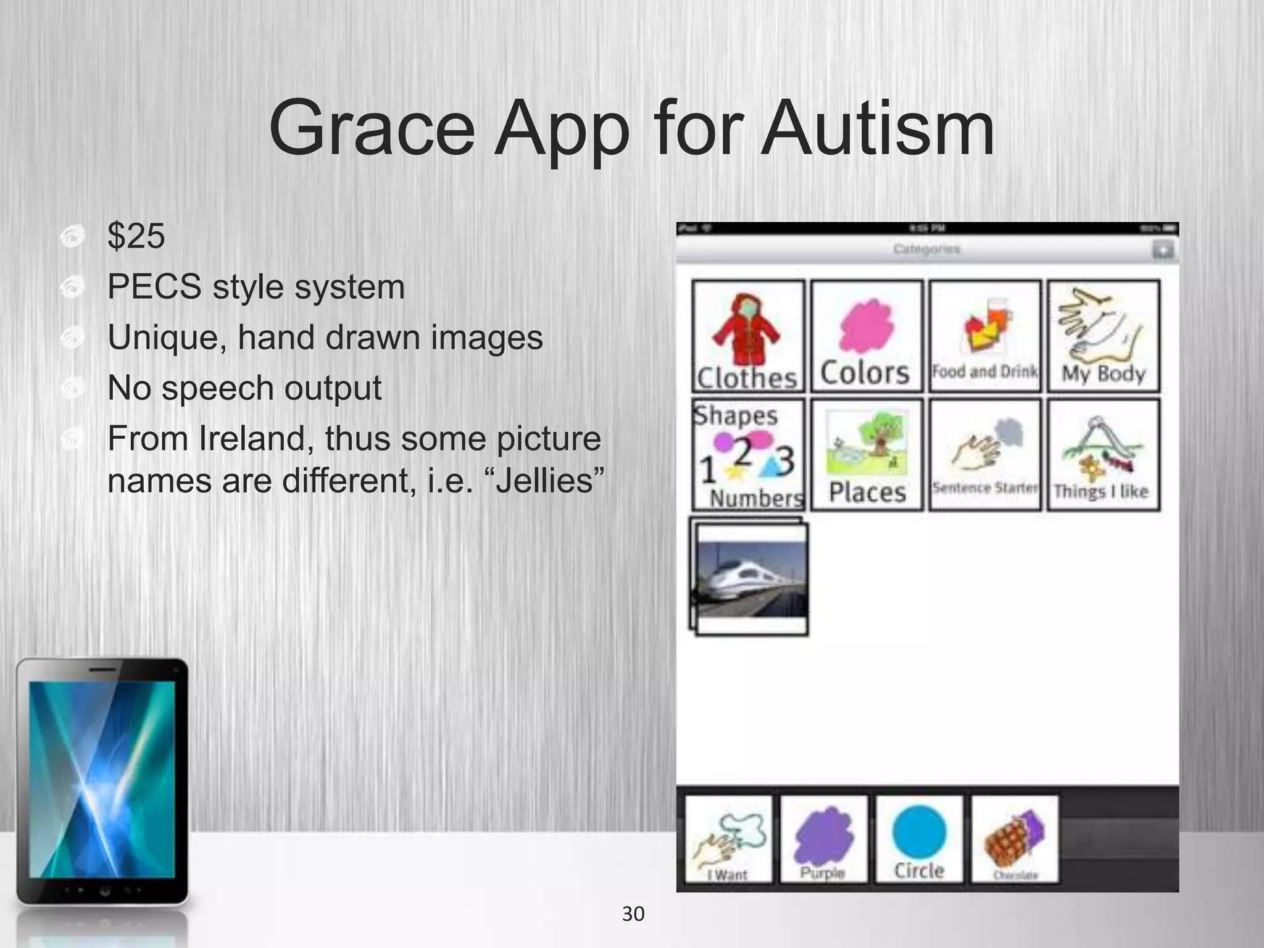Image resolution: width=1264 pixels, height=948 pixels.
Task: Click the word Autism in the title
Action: (876, 130)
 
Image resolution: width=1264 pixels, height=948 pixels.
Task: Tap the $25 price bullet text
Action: (136, 236)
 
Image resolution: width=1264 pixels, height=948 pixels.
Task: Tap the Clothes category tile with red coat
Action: (747, 336)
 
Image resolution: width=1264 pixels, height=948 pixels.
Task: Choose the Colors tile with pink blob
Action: (867, 336)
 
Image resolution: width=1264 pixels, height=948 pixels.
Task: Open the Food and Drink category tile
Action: (985, 336)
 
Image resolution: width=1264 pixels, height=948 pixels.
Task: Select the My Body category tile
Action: (1104, 336)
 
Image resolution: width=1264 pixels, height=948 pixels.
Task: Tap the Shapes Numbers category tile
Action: (747, 454)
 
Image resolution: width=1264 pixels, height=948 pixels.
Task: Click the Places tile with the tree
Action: (867, 454)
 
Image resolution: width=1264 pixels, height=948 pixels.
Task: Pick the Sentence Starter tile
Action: (985, 454)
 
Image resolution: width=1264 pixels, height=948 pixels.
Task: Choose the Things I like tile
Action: (1104, 454)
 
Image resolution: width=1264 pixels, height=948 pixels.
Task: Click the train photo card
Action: (750, 578)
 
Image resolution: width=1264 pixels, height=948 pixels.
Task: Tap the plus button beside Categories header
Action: (1162, 250)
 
